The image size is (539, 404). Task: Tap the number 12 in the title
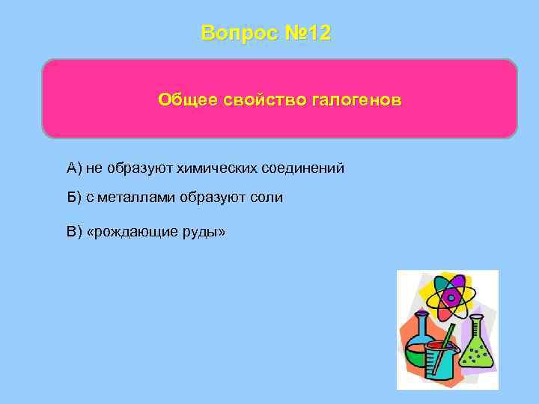[x=317, y=34]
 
